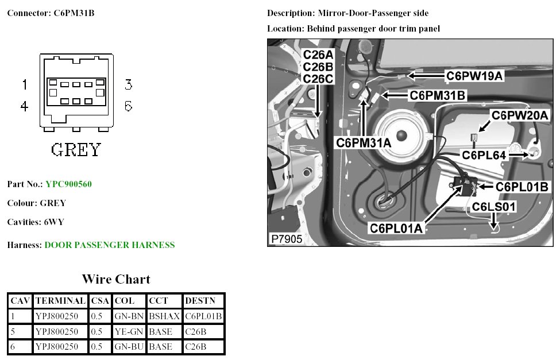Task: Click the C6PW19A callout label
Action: point(474,75)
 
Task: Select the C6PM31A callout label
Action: point(364,142)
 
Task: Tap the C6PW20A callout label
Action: point(519,115)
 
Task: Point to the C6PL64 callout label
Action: point(484,154)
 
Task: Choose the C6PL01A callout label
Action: point(396,228)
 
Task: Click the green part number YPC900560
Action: point(68,184)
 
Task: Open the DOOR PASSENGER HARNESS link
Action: point(110,245)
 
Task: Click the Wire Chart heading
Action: point(116,280)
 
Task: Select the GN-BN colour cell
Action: point(125,316)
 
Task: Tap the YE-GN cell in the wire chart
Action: point(125,331)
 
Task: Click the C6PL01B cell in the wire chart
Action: point(203,316)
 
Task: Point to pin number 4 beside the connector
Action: point(25,107)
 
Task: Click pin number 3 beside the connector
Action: point(128,85)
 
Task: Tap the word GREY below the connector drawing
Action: point(76,150)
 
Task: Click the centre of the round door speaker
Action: point(400,135)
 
